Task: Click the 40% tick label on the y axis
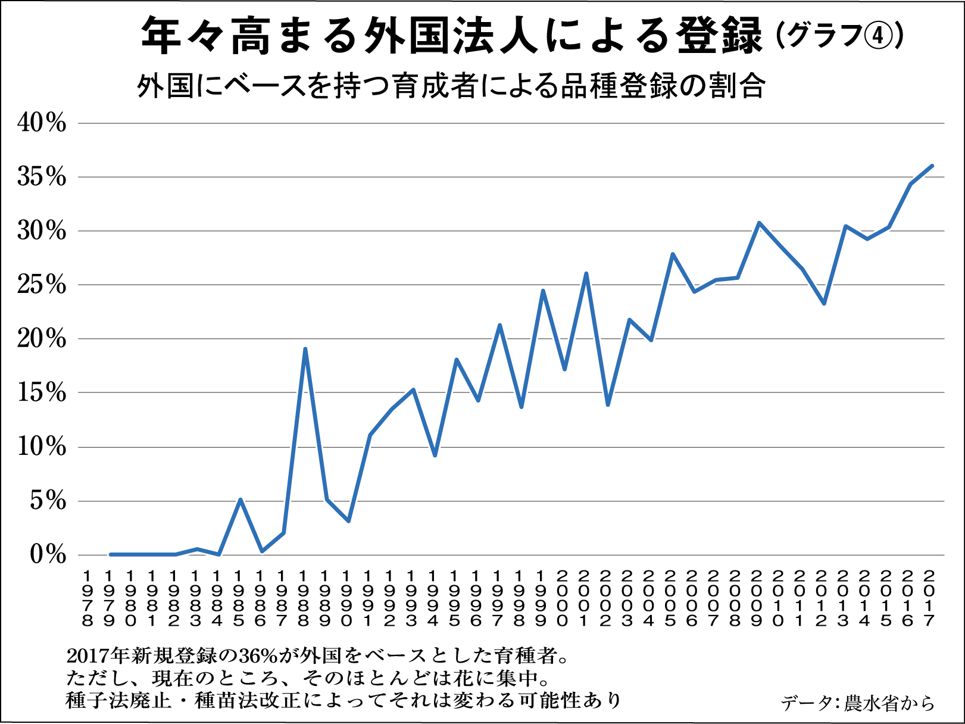pyautogui.click(x=42, y=123)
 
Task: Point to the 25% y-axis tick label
pyautogui.click(x=42, y=285)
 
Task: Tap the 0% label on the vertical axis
pyautogui.click(x=48, y=555)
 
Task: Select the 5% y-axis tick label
pyautogui.click(x=48, y=501)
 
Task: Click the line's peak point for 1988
pyautogui.click(x=305, y=349)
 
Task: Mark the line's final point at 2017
pyautogui.click(x=932, y=166)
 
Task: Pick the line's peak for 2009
pyautogui.click(x=759, y=223)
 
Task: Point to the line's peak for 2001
pyautogui.click(x=586, y=274)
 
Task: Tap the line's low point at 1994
pyautogui.click(x=435, y=455)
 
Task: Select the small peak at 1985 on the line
pyautogui.click(x=240, y=500)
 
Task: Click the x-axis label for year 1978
pyautogui.click(x=88, y=598)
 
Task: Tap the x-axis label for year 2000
pyautogui.click(x=562, y=598)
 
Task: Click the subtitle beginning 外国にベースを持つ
pyautogui.click(x=451, y=87)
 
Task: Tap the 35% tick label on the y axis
pyautogui.click(x=42, y=177)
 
